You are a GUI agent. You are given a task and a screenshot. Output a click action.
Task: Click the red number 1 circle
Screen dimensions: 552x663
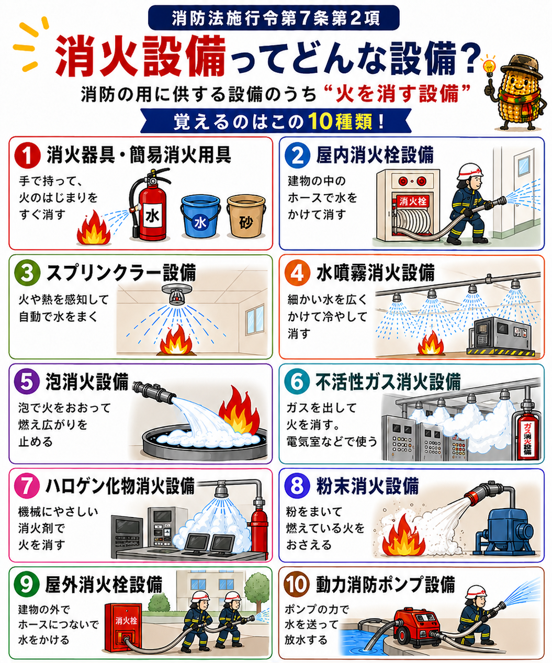point(27,155)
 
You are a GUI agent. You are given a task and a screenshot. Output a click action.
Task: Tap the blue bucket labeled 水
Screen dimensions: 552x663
point(200,217)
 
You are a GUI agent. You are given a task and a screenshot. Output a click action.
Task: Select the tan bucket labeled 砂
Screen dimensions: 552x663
point(246,217)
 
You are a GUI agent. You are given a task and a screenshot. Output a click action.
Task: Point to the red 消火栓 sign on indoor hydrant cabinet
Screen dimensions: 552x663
point(413,201)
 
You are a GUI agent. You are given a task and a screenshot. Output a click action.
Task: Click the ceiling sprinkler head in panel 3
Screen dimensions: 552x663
point(177,294)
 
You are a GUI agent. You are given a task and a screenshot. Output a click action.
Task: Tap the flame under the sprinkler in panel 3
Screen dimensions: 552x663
point(176,340)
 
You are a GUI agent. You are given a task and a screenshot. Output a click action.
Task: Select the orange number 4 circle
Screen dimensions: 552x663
point(297,273)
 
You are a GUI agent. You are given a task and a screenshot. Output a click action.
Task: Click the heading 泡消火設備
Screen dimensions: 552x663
point(87,382)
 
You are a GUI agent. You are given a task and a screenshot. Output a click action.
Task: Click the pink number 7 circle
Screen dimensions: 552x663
point(27,486)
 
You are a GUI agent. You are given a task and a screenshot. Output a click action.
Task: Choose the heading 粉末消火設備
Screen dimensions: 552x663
point(368,486)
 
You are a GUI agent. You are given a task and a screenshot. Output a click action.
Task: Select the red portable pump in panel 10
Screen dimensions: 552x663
point(416,626)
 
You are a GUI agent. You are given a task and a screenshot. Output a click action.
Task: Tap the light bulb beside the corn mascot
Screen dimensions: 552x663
point(489,66)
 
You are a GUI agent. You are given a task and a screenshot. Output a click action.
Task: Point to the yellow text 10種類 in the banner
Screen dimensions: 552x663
point(341,121)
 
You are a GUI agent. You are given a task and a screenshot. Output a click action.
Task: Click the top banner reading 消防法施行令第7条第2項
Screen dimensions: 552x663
point(274,18)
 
